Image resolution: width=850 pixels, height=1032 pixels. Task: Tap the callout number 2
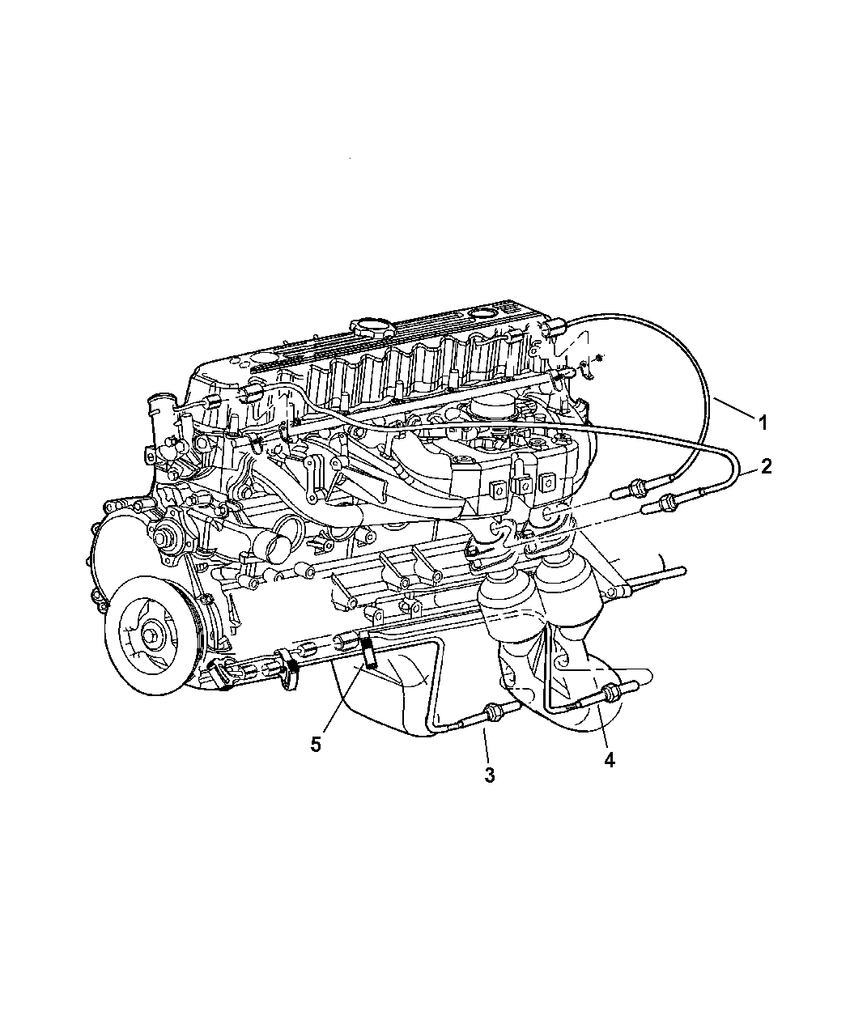click(766, 466)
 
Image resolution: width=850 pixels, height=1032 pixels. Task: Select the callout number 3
click(489, 775)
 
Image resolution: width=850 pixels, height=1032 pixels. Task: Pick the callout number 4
click(610, 760)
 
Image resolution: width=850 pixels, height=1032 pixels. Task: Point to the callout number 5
click(316, 745)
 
